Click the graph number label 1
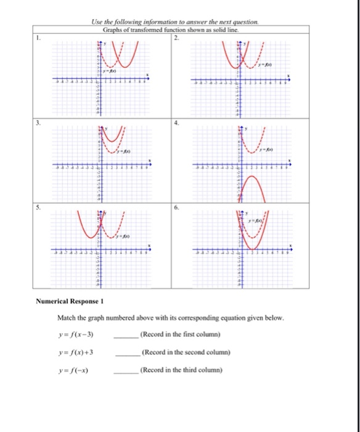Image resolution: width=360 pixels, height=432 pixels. pyautogui.click(x=37, y=37)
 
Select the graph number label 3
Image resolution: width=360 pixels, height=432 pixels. pyautogui.click(x=37, y=123)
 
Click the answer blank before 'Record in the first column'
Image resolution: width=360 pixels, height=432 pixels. pyautogui.click(x=126, y=335)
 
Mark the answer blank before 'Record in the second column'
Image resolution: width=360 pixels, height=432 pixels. pyautogui.click(x=126, y=354)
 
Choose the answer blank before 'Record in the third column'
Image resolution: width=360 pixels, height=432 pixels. pyautogui.click(x=126, y=372)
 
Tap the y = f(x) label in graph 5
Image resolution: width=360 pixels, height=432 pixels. pyautogui.click(x=126, y=236)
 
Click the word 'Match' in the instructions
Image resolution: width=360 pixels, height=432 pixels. pyautogui.click(x=66, y=318)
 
